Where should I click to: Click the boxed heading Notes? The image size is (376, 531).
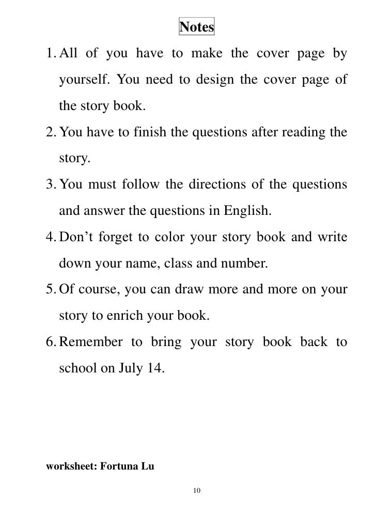[196, 27]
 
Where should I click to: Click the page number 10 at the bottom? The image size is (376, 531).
[197, 489]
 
